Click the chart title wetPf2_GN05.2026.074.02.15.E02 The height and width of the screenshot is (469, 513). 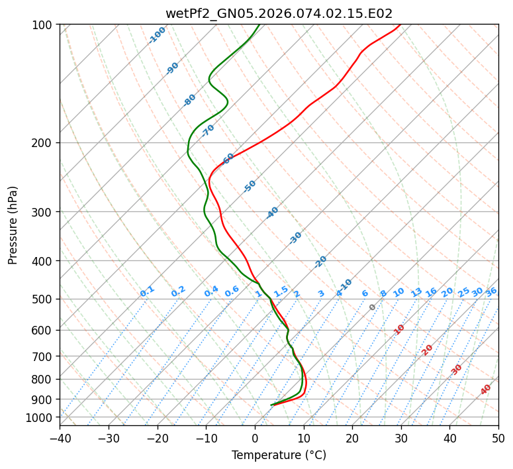pos(279,13)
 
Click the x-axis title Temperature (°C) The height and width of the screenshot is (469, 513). pos(279,456)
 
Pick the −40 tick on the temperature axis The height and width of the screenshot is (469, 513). pos(60,439)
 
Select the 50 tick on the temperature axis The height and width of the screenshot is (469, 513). pos(498,439)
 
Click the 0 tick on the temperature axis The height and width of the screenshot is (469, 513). pos(255,439)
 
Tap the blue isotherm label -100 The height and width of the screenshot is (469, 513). pos(157,35)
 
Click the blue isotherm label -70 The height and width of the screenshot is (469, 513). pos(208,130)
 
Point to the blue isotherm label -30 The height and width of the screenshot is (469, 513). pos(295,238)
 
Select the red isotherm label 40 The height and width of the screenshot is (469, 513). pos(486,390)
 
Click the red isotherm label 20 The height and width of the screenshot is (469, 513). pos(428,349)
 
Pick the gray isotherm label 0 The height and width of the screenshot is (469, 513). pos(373,307)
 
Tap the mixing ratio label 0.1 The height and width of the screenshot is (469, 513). pos(147,291)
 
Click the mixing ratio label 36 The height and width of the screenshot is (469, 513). pos(491,291)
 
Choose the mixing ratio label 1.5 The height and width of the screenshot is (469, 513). pos(281,291)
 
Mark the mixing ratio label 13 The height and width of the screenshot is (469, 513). pos(416,292)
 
